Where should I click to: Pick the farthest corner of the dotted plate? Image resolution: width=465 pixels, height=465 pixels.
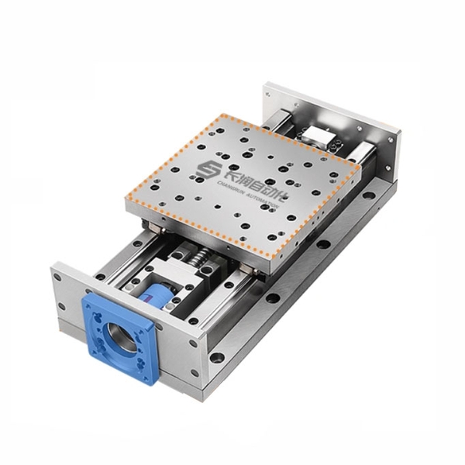point(225,115)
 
